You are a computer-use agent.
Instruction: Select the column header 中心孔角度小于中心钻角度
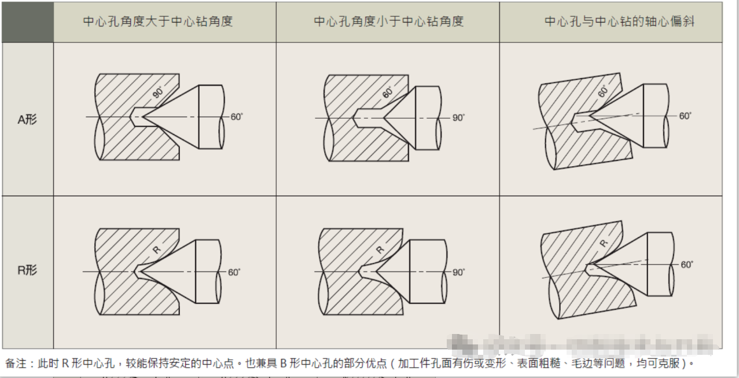click(x=388, y=22)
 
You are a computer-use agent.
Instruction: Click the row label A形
click(x=27, y=120)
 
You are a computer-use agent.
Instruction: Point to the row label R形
click(x=27, y=270)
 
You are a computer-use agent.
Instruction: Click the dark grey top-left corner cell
click(x=27, y=22)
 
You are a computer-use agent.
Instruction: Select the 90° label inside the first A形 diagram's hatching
click(x=158, y=91)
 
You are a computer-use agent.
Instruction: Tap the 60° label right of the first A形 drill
click(x=237, y=117)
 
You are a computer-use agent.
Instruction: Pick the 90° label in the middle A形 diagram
click(x=458, y=118)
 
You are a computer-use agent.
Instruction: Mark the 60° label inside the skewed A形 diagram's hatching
click(x=603, y=91)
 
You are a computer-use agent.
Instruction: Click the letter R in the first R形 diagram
click(x=156, y=249)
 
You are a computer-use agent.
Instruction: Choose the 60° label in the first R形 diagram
click(x=234, y=272)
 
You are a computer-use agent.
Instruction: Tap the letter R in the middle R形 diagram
click(x=380, y=250)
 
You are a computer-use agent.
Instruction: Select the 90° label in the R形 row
click(x=458, y=272)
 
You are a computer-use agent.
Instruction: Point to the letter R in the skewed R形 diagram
click(x=604, y=244)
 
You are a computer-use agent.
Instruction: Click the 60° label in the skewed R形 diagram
click(x=686, y=265)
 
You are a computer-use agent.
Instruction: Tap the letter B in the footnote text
click(x=284, y=364)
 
